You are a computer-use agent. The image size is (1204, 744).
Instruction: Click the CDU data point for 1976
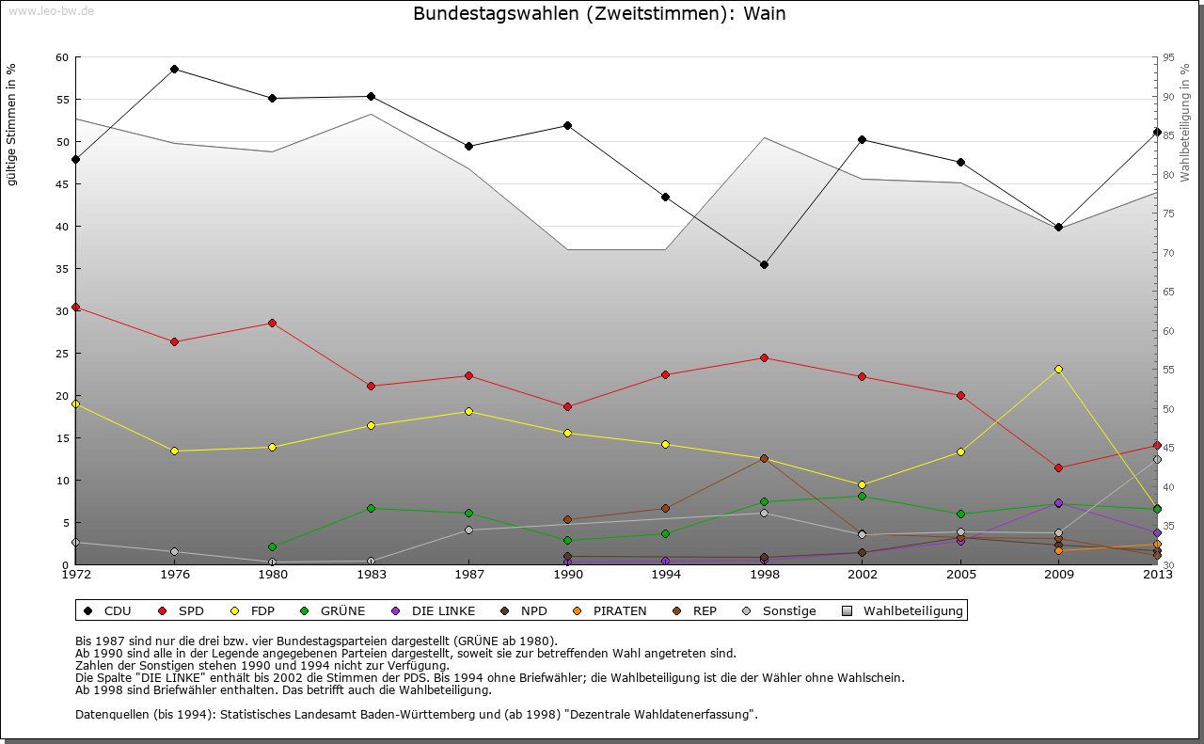(x=174, y=69)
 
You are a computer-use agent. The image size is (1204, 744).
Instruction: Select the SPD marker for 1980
(x=272, y=323)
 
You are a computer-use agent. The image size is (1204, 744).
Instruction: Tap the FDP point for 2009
(x=1058, y=369)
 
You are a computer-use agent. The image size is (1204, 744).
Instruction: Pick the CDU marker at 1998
(x=764, y=264)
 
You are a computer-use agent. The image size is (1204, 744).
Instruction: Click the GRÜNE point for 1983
(x=371, y=508)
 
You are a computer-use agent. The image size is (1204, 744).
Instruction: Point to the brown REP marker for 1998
(x=764, y=458)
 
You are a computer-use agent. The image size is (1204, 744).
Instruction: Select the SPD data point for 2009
(x=1058, y=467)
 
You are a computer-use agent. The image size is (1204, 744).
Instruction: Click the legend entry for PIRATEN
(x=611, y=610)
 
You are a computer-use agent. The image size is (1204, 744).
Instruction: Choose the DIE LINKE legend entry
(x=435, y=610)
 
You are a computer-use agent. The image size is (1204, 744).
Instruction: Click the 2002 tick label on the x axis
(x=862, y=574)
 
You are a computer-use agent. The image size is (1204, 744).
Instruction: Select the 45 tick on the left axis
(x=62, y=184)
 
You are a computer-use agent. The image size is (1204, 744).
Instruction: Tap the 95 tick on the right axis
(x=1169, y=57)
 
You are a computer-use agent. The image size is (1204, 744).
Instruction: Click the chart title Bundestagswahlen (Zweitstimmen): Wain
(x=599, y=14)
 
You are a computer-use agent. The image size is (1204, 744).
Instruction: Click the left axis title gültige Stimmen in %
(x=11, y=124)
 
